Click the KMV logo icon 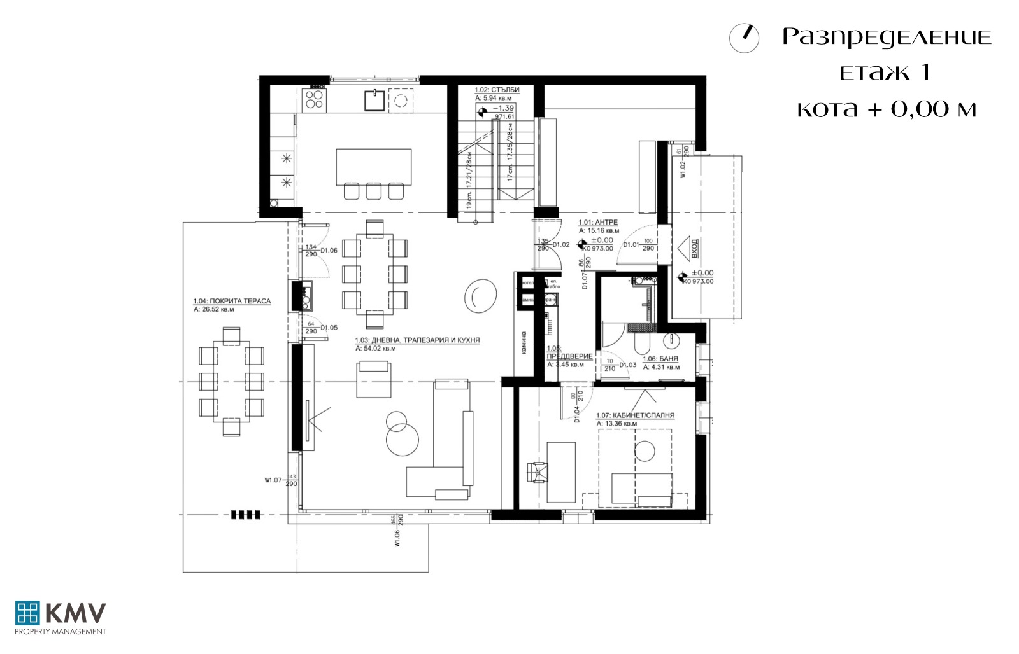(27, 613)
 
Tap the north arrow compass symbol (744, 38)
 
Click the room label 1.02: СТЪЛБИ (497, 90)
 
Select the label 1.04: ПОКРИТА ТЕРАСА (232, 302)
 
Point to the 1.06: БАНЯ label (660, 359)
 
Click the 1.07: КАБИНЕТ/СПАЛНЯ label (635, 415)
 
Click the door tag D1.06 (329, 251)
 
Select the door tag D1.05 (329, 328)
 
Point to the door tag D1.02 (560, 244)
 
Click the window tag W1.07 (273, 480)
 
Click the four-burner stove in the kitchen (314, 99)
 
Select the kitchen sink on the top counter (373, 100)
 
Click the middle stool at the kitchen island (374, 190)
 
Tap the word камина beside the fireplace (524, 343)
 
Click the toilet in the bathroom (642, 344)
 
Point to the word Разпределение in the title (887, 37)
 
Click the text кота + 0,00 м (887, 109)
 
